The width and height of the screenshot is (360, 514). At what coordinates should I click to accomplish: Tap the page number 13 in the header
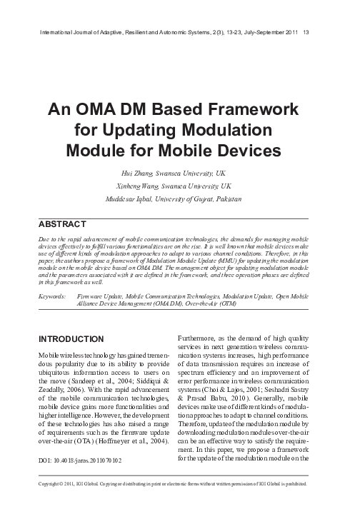click(306, 32)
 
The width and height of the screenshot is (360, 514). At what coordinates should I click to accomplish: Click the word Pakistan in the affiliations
click(228, 198)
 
